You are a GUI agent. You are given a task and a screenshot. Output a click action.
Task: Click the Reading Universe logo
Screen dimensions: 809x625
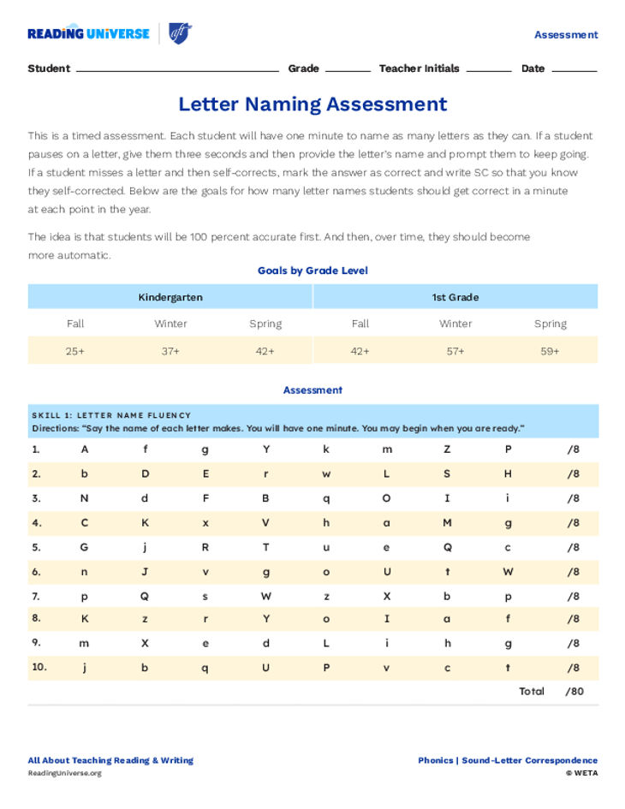point(88,33)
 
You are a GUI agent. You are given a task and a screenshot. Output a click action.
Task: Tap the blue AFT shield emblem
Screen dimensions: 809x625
point(180,33)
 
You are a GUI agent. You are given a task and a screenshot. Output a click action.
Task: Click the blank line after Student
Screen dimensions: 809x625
point(177,69)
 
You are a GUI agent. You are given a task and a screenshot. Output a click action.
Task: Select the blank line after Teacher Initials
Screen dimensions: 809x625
point(488,69)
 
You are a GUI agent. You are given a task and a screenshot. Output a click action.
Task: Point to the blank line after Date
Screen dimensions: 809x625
point(574,69)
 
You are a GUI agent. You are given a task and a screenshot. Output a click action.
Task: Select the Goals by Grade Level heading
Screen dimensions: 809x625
point(312,271)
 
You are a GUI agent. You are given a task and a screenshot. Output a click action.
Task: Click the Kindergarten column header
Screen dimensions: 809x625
point(170,297)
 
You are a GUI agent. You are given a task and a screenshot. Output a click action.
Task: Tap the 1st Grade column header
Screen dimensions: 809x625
point(455,297)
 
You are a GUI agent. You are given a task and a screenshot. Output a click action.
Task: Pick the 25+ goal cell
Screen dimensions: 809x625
point(75,351)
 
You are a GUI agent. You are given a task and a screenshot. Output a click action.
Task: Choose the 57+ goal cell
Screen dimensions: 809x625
point(455,351)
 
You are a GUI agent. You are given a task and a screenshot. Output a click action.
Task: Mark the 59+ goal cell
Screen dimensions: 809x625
point(551,351)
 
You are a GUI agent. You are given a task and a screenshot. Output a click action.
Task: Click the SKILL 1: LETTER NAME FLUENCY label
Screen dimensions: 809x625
point(111,415)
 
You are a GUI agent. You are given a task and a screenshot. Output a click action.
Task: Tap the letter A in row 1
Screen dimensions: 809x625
point(85,449)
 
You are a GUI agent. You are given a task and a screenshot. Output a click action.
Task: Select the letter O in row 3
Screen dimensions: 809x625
point(387,498)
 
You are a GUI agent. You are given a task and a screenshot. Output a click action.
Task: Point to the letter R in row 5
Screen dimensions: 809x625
point(205,547)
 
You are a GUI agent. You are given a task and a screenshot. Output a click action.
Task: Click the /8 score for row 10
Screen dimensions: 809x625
point(573,668)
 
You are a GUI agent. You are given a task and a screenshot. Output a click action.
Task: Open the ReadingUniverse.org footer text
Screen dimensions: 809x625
point(64,773)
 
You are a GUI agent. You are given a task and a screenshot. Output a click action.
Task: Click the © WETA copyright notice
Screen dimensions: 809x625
point(581,773)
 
